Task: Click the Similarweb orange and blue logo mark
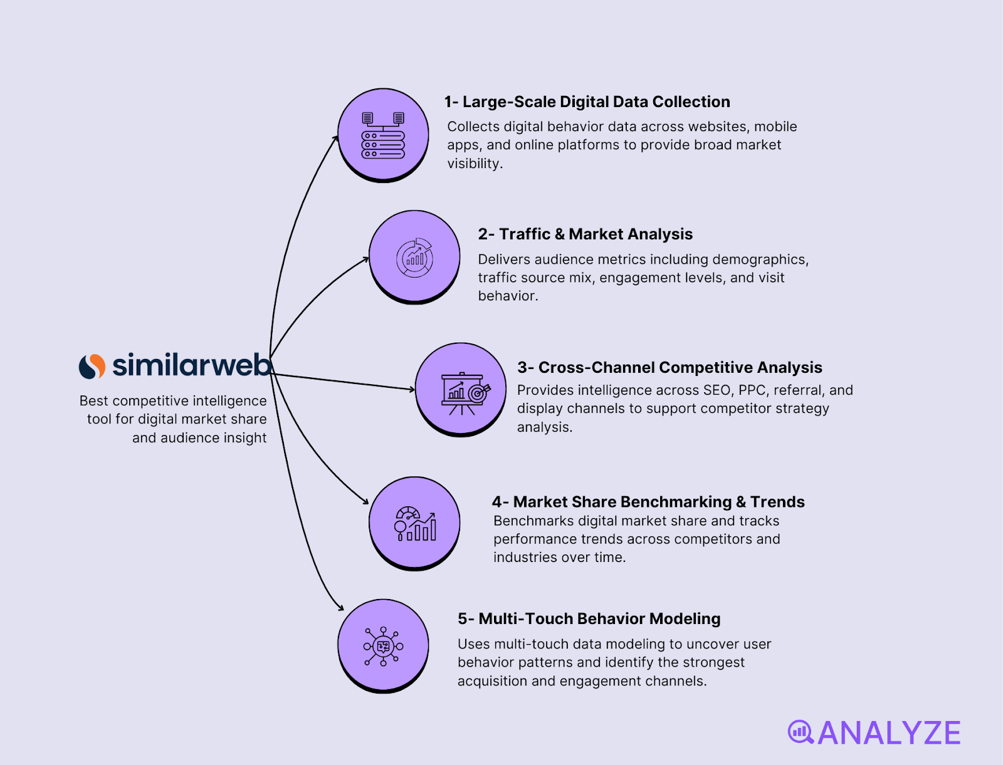click(92, 367)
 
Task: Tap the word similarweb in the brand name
click(192, 365)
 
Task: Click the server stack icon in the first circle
click(383, 135)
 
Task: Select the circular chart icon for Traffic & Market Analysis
click(414, 258)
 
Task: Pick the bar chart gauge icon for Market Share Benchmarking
click(415, 524)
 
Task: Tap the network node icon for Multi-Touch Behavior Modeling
click(383, 646)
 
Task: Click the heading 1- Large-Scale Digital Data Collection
click(587, 102)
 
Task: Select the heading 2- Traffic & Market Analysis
click(585, 234)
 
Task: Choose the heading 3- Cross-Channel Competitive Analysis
click(669, 368)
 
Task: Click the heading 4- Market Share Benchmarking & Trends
click(648, 502)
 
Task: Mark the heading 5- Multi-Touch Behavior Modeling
click(589, 619)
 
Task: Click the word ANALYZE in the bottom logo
click(889, 734)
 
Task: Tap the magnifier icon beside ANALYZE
click(801, 732)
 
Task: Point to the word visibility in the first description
click(474, 164)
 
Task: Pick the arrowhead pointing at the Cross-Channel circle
click(412, 389)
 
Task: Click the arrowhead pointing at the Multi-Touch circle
click(341, 607)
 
